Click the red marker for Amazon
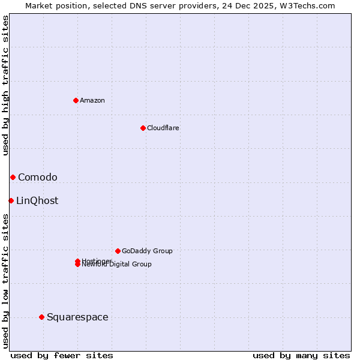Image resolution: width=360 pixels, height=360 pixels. (76, 100)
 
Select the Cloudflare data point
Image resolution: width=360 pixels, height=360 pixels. (143, 128)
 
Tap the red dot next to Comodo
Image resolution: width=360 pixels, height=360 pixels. (13, 177)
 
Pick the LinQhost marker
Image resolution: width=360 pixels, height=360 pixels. (11, 200)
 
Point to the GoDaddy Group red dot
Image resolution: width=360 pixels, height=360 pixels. (118, 251)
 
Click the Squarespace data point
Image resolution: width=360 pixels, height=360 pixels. (41, 317)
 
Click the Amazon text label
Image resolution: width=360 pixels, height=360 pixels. (92, 100)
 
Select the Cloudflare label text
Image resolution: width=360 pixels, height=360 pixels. (163, 128)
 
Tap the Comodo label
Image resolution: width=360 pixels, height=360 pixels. (38, 177)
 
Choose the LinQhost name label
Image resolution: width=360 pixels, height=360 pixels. (37, 200)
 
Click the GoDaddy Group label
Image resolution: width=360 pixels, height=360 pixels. (147, 251)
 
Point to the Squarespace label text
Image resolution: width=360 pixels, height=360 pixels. (77, 317)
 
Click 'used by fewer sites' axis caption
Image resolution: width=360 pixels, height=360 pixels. (62, 355)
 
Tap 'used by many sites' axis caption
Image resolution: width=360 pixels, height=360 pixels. (301, 355)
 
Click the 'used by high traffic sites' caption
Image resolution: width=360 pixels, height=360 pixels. (5, 85)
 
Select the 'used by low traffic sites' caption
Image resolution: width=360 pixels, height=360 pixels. (5, 280)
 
